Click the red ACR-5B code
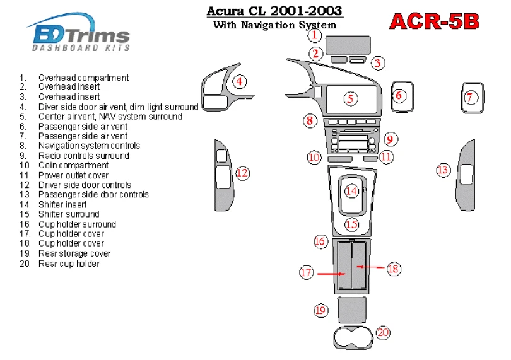tap(434, 21)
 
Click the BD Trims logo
tap(79, 33)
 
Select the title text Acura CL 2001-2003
tap(275, 11)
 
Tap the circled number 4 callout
tap(240, 81)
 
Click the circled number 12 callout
tap(242, 173)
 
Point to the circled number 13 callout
tap(443, 169)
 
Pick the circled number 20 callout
tap(383, 332)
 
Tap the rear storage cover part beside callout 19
tap(351, 309)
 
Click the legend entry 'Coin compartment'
tap(73, 166)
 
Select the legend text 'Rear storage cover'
tap(74, 253)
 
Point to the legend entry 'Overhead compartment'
tap(83, 78)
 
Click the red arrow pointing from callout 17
tap(330, 274)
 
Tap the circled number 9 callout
tap(390, 139)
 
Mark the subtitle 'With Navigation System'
tap(274, 26)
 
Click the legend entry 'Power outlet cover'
tap(73, 175)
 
